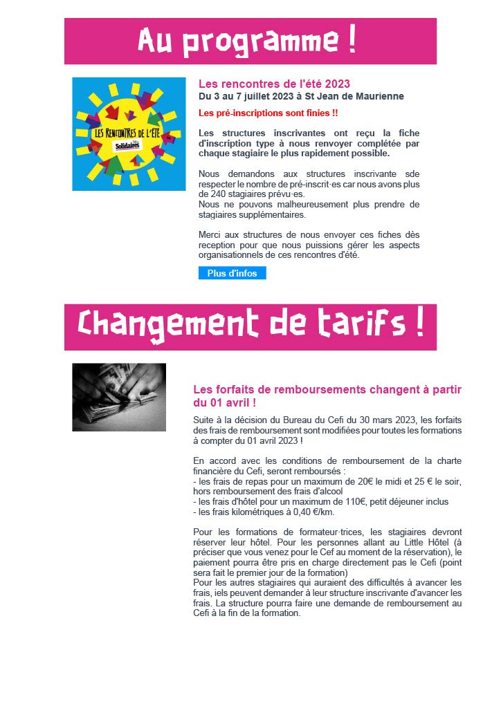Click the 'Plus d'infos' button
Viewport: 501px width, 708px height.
coord(232,273)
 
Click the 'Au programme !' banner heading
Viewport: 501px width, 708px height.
coord(250,41)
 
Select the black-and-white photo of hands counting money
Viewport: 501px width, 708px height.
coord(119,397)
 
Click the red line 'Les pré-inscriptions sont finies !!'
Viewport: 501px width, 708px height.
coord(268,113)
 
